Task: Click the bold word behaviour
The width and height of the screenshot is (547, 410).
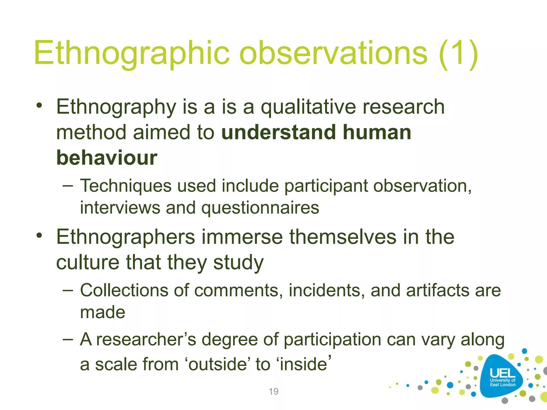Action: click(x=107, y=157)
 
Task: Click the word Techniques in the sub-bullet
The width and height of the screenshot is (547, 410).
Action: click(x=126, y=186)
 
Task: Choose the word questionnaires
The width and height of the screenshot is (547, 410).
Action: click(x=260, y=208)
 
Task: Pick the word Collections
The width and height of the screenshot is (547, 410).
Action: click(x=124, y=290)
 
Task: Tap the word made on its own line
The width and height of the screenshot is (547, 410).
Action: click(x=103, y=312)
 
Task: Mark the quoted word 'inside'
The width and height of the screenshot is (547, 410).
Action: click(x=303, y=364)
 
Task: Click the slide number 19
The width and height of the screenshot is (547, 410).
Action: click(x=273, y=392)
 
